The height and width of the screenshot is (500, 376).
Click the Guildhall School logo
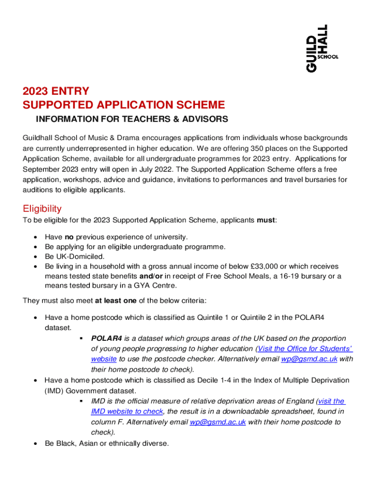[x=322, y=48]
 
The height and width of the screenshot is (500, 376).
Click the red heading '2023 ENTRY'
[x=56, y=91]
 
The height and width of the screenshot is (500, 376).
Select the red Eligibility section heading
[x=42, y=208]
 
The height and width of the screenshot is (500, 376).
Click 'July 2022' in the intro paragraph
[x=148, y=169]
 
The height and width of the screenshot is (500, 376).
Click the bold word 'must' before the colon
[x=266, y=220]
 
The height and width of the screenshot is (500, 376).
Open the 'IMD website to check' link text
[x=126, y=412]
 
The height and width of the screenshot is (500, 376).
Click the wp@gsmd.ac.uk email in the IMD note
[x=217, y=422]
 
